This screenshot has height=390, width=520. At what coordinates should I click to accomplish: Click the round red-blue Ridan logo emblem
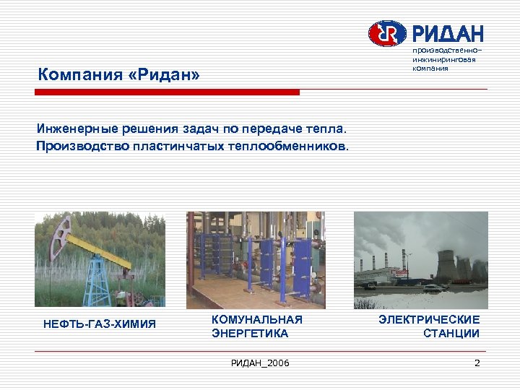point(388,33)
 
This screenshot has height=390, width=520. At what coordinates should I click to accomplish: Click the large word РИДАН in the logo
point(447,33)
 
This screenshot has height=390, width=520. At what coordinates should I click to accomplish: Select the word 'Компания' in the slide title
point(72,75)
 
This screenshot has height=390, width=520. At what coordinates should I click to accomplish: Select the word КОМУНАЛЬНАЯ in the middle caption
point(256,319)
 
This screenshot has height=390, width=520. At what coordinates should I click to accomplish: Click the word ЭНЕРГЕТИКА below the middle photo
point(250,333)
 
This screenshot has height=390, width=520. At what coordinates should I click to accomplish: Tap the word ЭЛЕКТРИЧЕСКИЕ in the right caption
point(429,319)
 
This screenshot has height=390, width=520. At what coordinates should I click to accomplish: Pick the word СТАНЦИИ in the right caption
point(451,333)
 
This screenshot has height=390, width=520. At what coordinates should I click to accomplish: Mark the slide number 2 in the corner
point(477,363)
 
